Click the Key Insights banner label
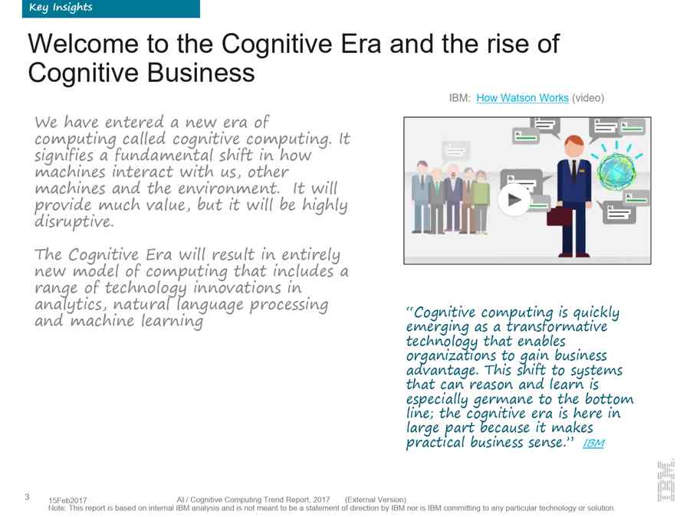(61, 8)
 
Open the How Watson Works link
(522, 97)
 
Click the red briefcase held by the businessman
(560, 216)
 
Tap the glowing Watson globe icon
(616, 171)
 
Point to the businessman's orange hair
(573, 141)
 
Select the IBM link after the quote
(593, 443)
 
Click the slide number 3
(28, 497)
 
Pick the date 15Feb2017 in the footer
(67, 500)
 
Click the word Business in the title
(201, 73)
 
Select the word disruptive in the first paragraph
(74, 221)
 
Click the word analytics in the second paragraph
(71, 305)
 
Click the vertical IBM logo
(665, 480)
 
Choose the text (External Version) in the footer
(376, 499)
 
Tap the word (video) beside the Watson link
(588, 97)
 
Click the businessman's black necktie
(573, 171)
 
